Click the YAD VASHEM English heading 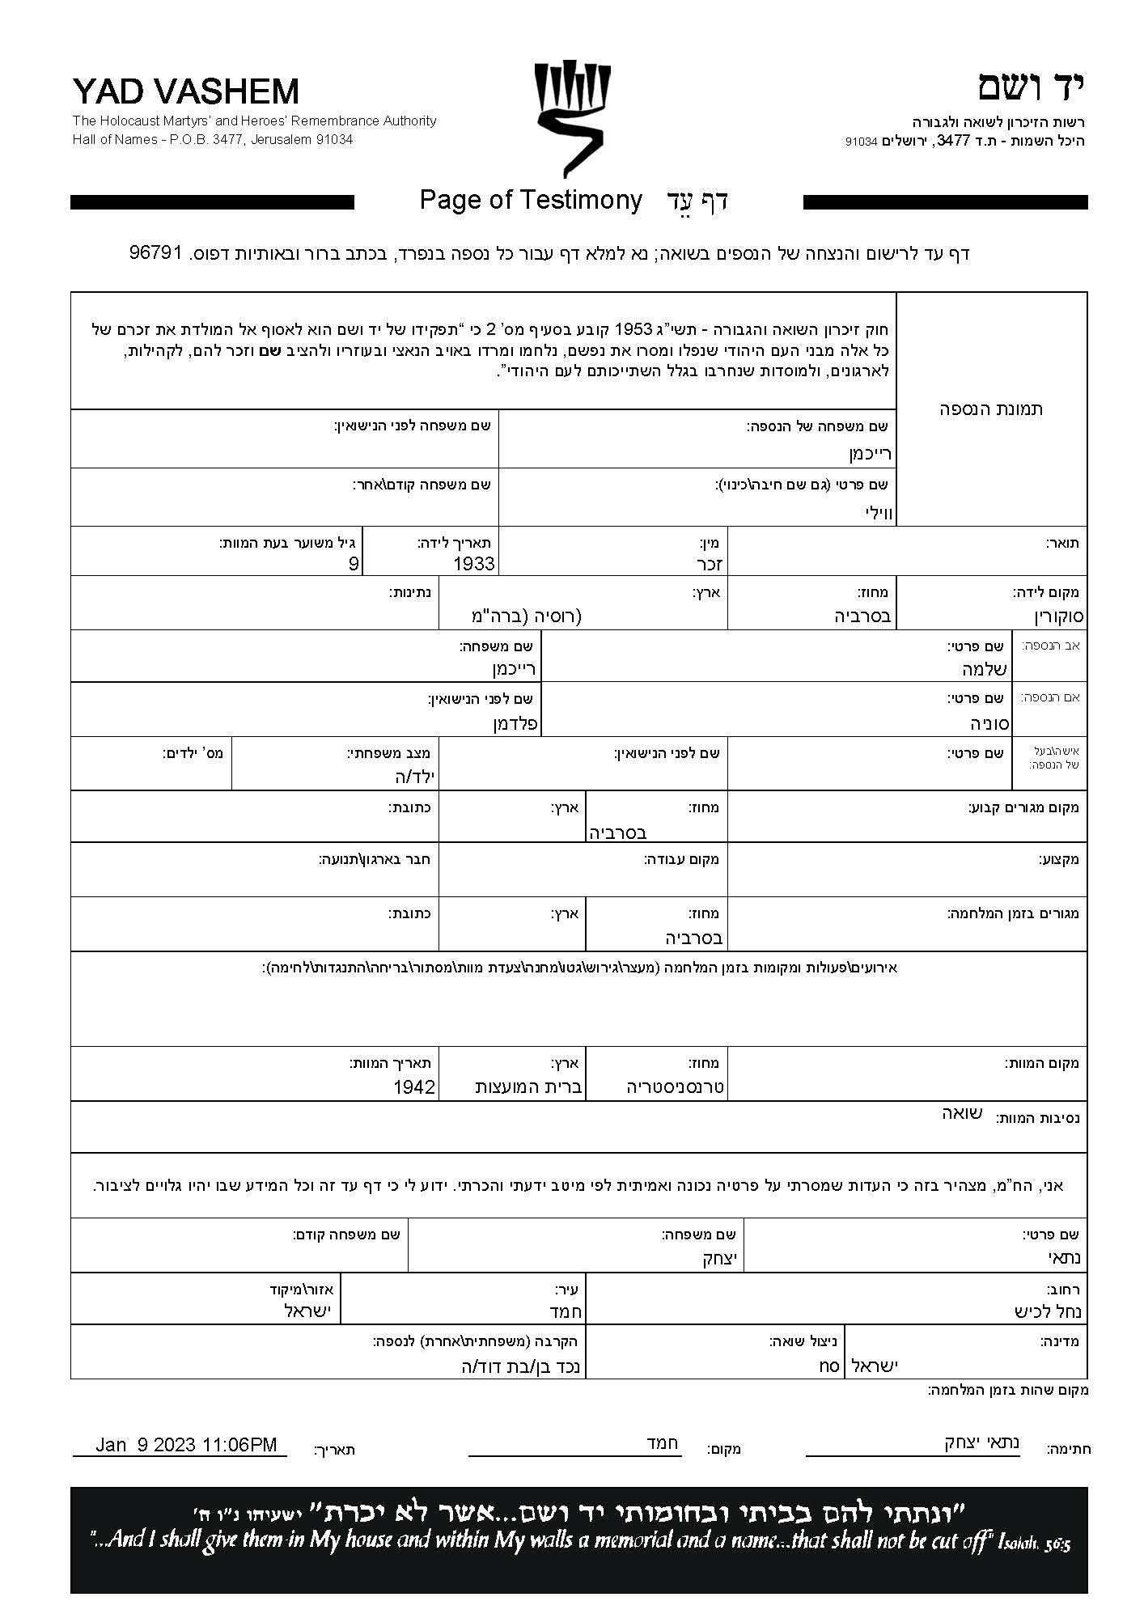(185, 91)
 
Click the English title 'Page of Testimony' (531, 200)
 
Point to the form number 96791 (159, 252)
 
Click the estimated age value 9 (353, 564)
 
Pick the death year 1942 (414, 1087)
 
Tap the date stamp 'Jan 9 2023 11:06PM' (185, 1445)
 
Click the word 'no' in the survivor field (828, 1366)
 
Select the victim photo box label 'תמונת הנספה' (990, 409)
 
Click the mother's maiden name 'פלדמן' (515, 723)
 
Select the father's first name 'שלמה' (984, 670)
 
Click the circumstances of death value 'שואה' (961, 1113)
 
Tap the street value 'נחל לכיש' (1048, 1311)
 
